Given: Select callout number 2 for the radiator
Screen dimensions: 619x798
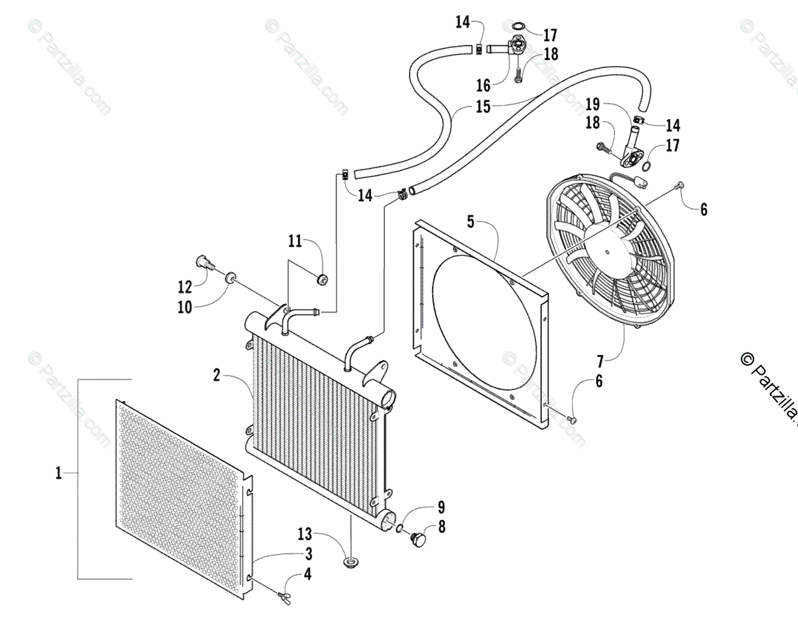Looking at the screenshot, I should [217, 375].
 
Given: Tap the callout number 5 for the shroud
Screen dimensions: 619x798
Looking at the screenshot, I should [471, 221].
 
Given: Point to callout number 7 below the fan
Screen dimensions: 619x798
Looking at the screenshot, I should [600, 362].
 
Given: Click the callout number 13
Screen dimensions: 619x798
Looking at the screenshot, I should [304, 534].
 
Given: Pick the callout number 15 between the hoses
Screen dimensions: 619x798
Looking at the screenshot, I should [482, 106].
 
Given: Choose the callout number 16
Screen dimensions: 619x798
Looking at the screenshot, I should [483, 85].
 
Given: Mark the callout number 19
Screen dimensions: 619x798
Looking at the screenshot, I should [593, 104].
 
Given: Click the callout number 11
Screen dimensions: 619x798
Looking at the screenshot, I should [295, 241].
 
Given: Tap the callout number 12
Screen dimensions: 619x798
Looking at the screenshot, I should [184, 287].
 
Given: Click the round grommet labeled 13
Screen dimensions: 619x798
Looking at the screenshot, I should [350, 564].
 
